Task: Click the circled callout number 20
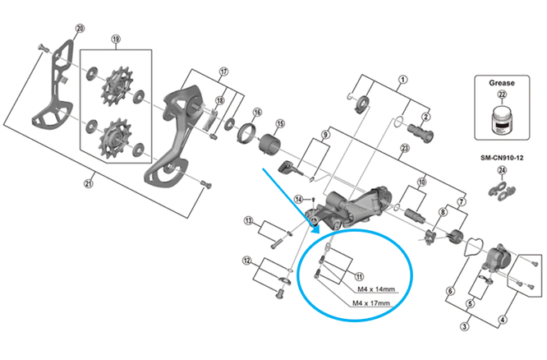pyautogui.click(x=80, y=29)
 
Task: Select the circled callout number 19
pyautogui.click(x=116, y=40)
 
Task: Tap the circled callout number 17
pyautogui.click(x=223, y=72)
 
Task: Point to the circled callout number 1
pyautogui.click(x=402, y=81)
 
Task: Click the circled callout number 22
pyautogui.click(x=502, y=96)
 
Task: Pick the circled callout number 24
pyautogui.click(x=502, y=171)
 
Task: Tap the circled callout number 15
pyautogui.click(x=279, y=124)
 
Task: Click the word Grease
pyautogui.click(x=502, y=82)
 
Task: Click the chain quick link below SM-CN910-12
pyautogui.click(x=502, y=192)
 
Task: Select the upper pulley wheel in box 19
pyautogui.click(x=114, y=84)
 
